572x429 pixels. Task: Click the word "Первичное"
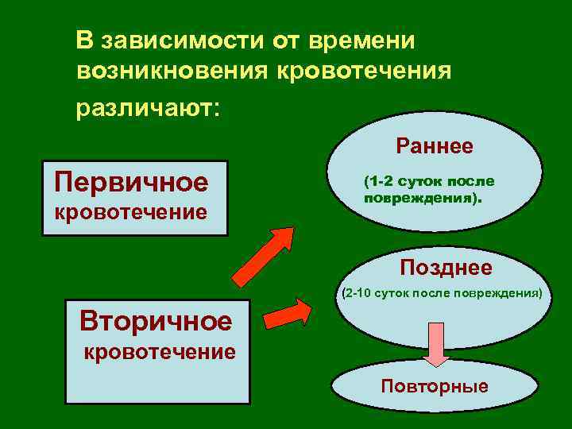[131, 183]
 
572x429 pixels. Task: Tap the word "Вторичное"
[156, 321]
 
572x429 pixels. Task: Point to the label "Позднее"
[446, 268]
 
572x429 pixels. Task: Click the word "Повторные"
[435, 387]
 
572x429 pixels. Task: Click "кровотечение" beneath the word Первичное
[130, 212]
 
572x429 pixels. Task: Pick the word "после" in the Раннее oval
[477, 182]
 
